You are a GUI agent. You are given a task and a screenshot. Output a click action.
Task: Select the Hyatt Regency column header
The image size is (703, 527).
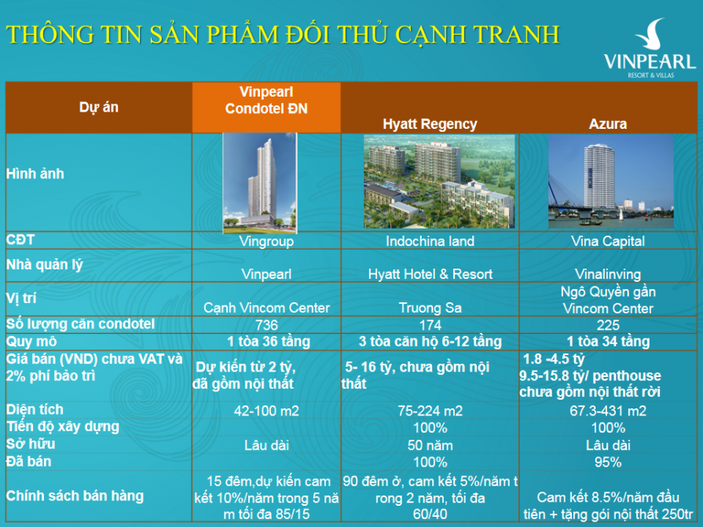pyautogui.click(x=430, y=124)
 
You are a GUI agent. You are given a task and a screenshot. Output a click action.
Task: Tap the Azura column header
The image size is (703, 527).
pyautogui.click(x=608, y=124)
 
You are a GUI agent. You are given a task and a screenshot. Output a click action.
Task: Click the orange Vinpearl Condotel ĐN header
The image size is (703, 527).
pyautogui.click(x=266, y=101)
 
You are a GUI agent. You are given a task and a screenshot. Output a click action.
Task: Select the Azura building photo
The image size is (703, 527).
pyautogui.click(x=610, y=181)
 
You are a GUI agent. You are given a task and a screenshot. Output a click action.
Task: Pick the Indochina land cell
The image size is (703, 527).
pyautogui.click(x=430, y=241)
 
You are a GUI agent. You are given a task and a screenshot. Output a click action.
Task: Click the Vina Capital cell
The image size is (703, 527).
pyautogui.click(x=609, y=241)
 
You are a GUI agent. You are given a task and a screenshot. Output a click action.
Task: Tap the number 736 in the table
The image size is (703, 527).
pyautogui.click(x=267, y=324)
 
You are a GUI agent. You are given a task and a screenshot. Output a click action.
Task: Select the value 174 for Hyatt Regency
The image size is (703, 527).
pyautogui.click(x=430, y=324)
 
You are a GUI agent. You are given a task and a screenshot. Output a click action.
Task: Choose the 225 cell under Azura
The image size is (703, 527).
pyautogui.click(x=609, y=324)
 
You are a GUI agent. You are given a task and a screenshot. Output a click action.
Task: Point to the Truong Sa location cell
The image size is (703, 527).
pyautogui.click(x=430, y=308)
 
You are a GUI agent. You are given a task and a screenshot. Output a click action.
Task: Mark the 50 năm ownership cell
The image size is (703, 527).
pyautogui.click(x=430, y=445)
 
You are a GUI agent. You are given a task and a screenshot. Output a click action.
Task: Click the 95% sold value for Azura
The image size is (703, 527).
pyautogui.click(x=609, y=463)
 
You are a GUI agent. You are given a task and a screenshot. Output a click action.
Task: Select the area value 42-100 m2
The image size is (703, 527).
pyautogui.click(x=267, y=411)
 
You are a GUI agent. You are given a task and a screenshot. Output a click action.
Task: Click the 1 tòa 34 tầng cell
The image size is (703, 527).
pyautogui.click(x=609, y=342)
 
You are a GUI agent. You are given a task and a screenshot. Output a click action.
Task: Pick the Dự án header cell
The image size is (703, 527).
pyautogui.click(x=99, y=107)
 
